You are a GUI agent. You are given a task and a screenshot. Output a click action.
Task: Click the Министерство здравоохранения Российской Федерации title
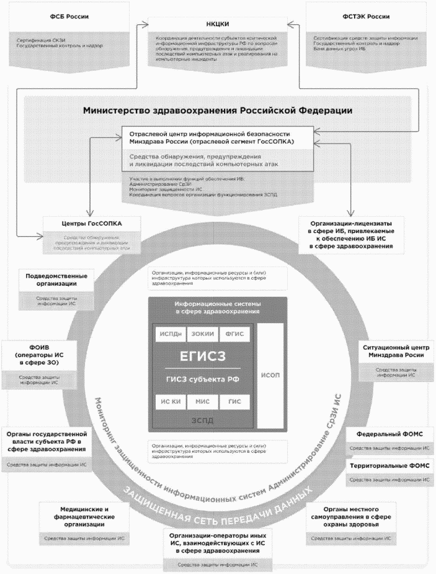point(218,111)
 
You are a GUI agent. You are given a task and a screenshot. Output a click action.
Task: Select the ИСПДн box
point(171,333)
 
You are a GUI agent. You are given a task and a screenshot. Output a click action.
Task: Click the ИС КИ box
point(171,401)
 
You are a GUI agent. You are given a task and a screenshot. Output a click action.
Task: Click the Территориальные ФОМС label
point(389,465)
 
